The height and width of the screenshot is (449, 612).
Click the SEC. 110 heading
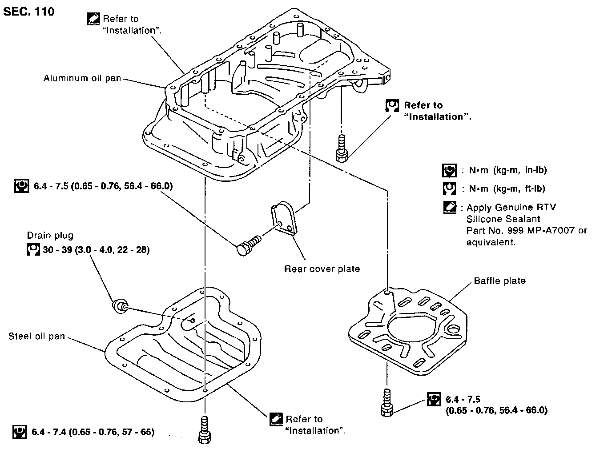pyautogui.click(x=28, y=12)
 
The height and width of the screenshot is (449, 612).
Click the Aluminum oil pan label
pyautogui.click(x=82, y=78)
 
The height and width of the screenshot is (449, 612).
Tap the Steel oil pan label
pyautogui.click(x=36, y=336)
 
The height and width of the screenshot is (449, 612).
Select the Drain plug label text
pyautogui.click(x=50, y=236)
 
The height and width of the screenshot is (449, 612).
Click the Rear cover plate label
pyautogui.click(x=322, y=269)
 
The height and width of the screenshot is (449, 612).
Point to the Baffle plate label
pyautogui.click(x=500, y=281)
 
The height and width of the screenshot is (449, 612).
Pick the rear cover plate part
pyautogui.click(x=284, y=218)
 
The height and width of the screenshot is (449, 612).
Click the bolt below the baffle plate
pyautogui.click(x=387, y=403)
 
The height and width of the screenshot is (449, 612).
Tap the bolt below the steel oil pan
pyautogui.click(x=204, y=430)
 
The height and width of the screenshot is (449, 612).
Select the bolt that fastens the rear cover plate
pyautogui.click(x=249, y=245)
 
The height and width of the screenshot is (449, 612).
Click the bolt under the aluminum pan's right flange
pyautogui.click(x=342, y=148)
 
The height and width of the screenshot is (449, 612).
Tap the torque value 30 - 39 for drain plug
pyautogui.click(x=96, y=250)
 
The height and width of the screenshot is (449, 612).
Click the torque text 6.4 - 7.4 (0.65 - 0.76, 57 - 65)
pyautogui.click(x=93, y=432)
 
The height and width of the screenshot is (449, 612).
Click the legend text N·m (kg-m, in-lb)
pyautogui.click(x=508, y=170)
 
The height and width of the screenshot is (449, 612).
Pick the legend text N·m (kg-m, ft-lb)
pyautogui.click(x=507, y=188)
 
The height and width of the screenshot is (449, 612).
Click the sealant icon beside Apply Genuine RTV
pyautogui.click(x=450, y=207)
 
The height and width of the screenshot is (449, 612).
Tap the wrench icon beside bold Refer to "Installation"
pyautogui.click(x=392, y=106)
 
